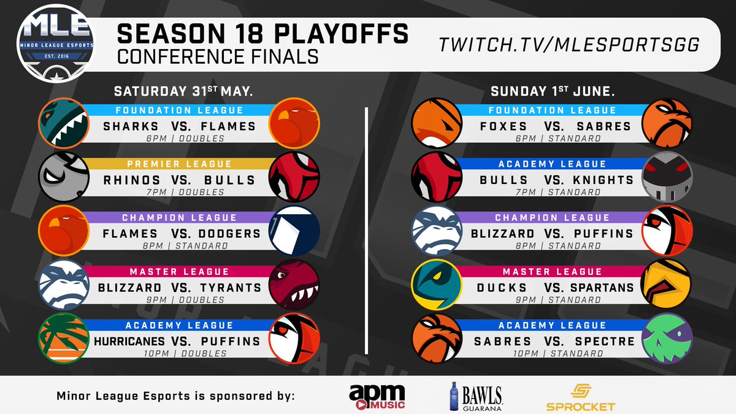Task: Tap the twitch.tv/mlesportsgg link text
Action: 570,45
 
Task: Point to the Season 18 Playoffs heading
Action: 263,34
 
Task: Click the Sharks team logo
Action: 62,123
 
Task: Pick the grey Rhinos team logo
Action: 62,176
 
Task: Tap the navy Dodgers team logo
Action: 295,230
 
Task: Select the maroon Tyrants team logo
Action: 295,284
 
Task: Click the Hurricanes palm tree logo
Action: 62,337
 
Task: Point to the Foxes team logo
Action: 435,123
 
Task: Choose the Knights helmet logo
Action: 667,176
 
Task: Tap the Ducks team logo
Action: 435,284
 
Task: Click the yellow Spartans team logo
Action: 667,284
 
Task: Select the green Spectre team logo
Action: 667,337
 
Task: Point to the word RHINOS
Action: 132,180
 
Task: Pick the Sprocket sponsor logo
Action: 580,397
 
